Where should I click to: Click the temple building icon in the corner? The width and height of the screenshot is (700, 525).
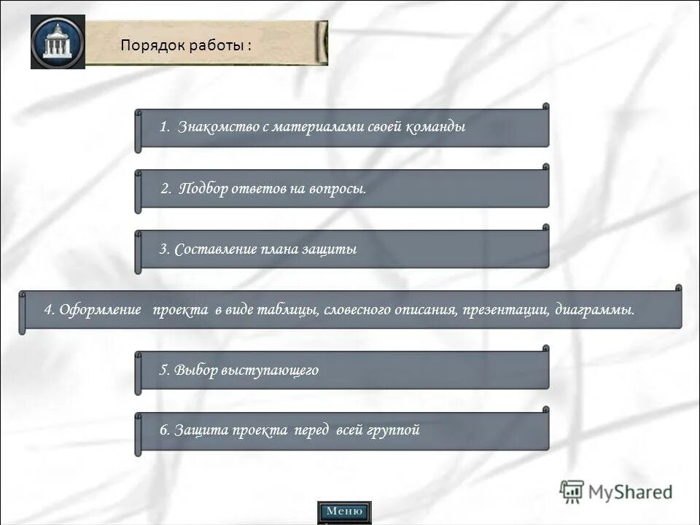coord(58,42)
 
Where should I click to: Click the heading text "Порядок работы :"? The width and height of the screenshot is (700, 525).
coord(186,44)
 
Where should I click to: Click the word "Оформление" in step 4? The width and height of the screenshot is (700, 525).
coord(101,310)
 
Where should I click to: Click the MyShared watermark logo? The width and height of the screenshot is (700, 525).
coord(616,491)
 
